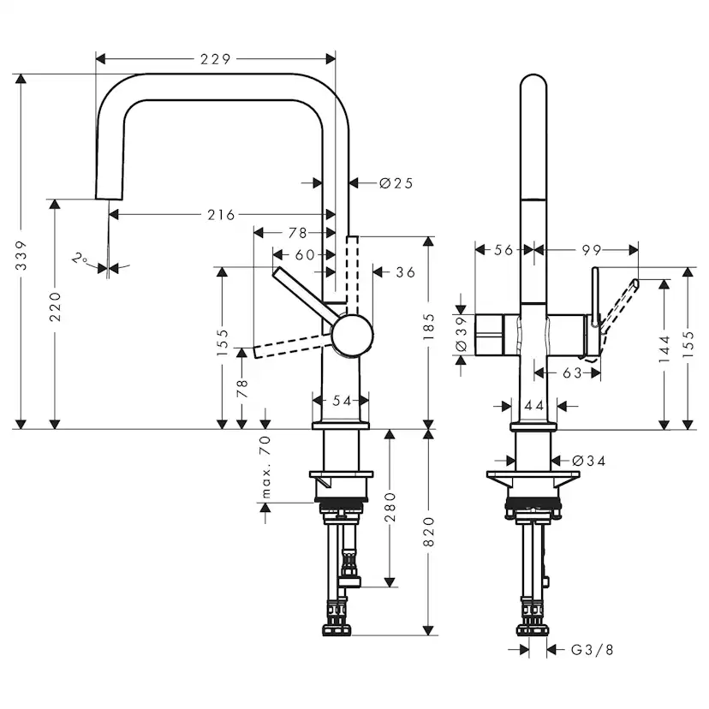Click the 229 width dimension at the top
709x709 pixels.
coord(215,59)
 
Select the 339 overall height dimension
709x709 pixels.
coord(21,255)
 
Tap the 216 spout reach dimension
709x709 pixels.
coord(221,214)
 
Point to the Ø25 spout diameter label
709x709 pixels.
coord(396,183)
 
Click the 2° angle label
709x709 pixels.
coord(80,259)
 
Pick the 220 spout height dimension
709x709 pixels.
coord(55,307)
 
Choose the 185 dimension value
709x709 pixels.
coord(428,326)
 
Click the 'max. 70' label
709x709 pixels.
coord(265,467)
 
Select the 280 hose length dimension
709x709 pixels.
coord(390,507)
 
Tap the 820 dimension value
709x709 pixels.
coord(428,532)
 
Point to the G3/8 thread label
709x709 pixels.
coord(593,650)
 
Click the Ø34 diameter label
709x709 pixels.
coord(589,461)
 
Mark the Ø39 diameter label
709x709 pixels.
coord(461,334)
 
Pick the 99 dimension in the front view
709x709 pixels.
coord(592,249)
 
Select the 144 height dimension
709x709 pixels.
coord(664,349)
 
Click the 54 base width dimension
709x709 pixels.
coord(342,400)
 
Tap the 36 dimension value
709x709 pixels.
coord(405,272)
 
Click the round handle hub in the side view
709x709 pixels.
coord(352,335)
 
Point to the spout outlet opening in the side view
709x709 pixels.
coord(109,199)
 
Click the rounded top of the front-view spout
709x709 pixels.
coord(533,76)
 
